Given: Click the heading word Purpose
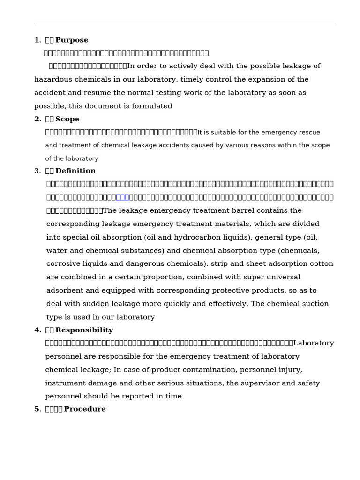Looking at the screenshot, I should coord(72,40).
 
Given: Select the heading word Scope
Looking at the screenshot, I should coord(67,119).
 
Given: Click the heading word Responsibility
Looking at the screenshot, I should coord(84,330).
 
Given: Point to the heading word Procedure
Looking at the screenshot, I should coord(84,409).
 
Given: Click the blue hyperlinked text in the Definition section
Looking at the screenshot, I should coord(122,197).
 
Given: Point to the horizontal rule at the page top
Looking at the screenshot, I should coord(184,23).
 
